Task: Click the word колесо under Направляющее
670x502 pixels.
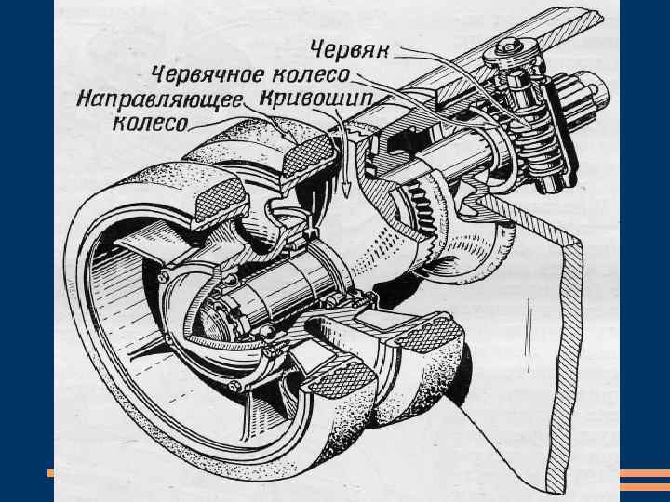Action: pos(150,122)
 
